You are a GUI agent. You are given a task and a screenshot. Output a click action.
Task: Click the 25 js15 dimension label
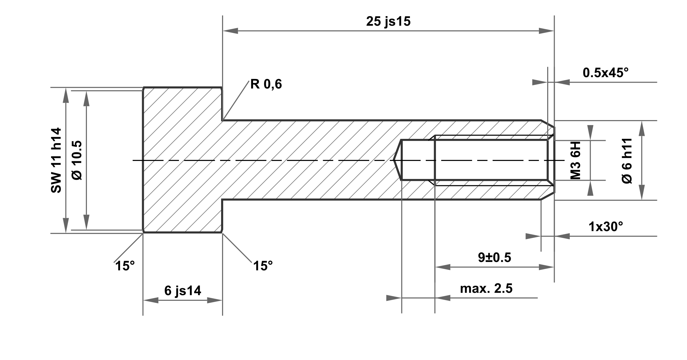[x=388, y=22]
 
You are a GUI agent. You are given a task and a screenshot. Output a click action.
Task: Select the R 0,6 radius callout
[x=266, y=84]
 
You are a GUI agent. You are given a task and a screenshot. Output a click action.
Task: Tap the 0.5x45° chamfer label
[x=605, y=73]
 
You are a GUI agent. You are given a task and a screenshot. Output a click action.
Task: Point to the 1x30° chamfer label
[x=606, y=226]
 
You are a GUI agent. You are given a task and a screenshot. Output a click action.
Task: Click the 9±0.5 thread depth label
[x=495, y=257]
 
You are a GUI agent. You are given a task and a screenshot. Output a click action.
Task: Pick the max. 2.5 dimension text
[x=486, y=289]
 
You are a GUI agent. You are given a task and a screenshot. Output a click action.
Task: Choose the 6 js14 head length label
[x=183, y=291]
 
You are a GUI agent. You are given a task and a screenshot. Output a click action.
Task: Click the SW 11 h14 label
[x=56, y=160]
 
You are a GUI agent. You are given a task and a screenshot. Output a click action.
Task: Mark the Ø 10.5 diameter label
[x=77, y=160]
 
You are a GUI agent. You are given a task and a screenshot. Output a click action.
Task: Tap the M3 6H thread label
[x=575, y=161]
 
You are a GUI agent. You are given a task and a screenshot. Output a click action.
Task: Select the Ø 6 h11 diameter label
[x=627, y=161]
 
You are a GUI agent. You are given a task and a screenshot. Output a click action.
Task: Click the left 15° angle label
[x=125, y=266]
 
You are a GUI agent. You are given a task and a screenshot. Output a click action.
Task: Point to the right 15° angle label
[x=263, y=266]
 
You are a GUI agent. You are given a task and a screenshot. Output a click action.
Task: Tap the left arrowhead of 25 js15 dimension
[x=230, y=31]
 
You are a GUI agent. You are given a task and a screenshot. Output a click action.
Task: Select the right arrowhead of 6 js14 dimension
[x=215, y=300]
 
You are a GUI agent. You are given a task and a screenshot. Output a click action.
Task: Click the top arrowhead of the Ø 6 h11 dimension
[x=642, y=128]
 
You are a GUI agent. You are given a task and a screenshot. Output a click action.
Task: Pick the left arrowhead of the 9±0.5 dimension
[x=443, y=267]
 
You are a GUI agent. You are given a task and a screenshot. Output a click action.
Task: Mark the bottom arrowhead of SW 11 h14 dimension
[x=66, y=225]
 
